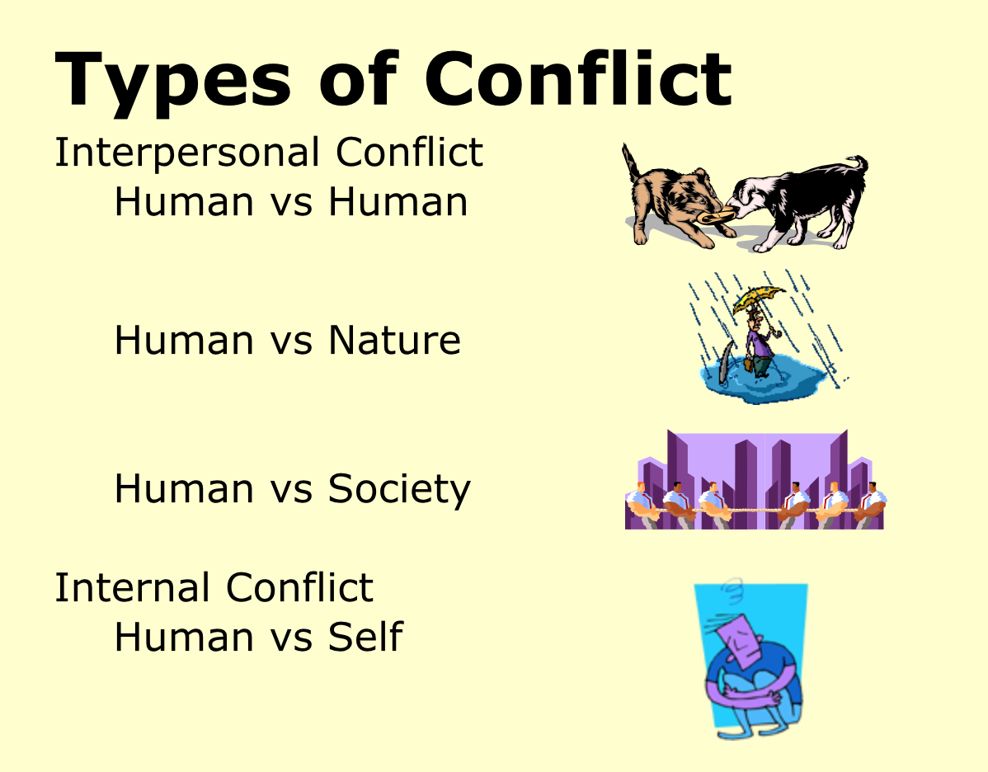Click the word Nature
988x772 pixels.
(x=394, y=340)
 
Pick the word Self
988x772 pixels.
(x=365, y=637)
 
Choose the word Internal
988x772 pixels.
(x=132, y=588)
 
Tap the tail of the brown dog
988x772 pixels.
(x=631, y=161)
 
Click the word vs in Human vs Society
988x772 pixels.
(x=290, y=489)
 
